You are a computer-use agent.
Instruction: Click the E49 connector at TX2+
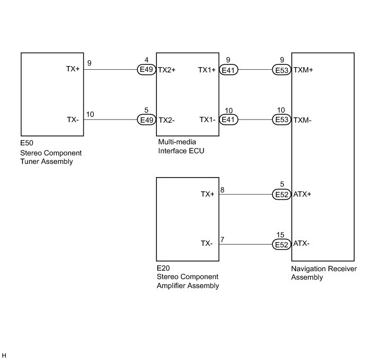click(146, 70)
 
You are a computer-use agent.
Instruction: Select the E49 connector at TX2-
click(146, 120)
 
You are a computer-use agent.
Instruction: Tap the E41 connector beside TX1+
click(229, 70)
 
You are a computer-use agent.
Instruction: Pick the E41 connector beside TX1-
click(229, 120)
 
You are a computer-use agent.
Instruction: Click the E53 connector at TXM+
click(281, 70)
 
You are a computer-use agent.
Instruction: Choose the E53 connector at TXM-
click(281, 120)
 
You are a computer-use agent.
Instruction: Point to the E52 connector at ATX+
click(281, 194)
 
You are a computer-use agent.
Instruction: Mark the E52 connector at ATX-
click(281, 244)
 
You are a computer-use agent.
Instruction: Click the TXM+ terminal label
click(303, 70)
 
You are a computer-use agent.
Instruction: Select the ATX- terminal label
click(302, 244)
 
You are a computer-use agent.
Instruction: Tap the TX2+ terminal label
click(167, 70)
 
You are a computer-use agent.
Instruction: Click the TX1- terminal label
click(207, 120)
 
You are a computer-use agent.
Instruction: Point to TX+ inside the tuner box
click(73, 70)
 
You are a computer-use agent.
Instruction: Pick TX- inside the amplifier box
click(207, 244)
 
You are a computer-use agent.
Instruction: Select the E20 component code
click(163, 269)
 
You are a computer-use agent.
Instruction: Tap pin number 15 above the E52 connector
click(280, 235)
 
